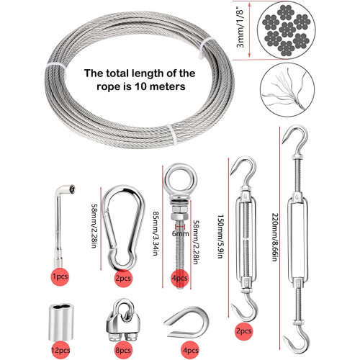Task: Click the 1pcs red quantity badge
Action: [60, 276]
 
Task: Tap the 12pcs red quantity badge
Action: [60, 350]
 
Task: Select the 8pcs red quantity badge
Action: [123, 350]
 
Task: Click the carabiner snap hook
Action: [123, 228]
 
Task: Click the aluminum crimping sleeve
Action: [61, 323]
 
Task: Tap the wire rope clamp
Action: [123, 320]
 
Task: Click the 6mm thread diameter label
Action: [180, 233]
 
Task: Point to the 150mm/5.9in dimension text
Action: [220, 236]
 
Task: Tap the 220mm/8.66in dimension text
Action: [275, 237]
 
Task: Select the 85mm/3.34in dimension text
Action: [156, 233]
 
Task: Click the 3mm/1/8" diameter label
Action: [240, 29]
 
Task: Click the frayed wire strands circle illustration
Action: [287, 89]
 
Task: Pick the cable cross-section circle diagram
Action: [287, 30]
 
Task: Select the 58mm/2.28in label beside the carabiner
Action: [94, 226]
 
